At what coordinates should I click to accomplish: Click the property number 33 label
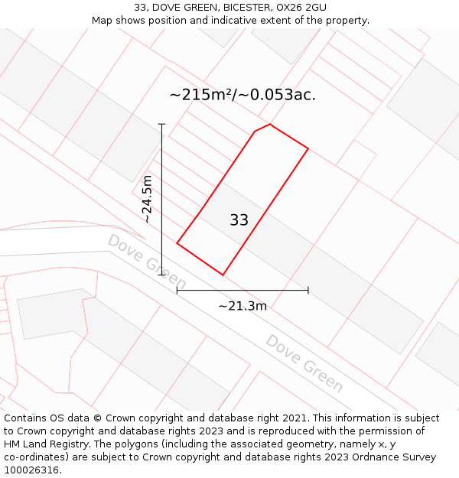[239, 220]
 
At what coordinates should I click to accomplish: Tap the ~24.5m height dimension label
[148, 199]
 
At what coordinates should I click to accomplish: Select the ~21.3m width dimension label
[243, 306]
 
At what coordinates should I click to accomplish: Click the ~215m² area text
[200, 95]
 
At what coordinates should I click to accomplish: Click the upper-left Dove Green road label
[147, 262]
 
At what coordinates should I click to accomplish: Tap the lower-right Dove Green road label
[304, 363]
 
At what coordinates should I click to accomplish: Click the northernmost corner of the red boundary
[270, 124]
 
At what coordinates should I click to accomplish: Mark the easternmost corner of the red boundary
[308, 148]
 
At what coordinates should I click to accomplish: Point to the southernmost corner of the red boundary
[223, 275]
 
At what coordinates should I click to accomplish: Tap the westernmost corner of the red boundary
[177, 243]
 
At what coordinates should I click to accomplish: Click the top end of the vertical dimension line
[161, 124]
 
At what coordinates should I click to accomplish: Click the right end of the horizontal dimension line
[308, 290]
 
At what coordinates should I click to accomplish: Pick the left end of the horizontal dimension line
[177, 290]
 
